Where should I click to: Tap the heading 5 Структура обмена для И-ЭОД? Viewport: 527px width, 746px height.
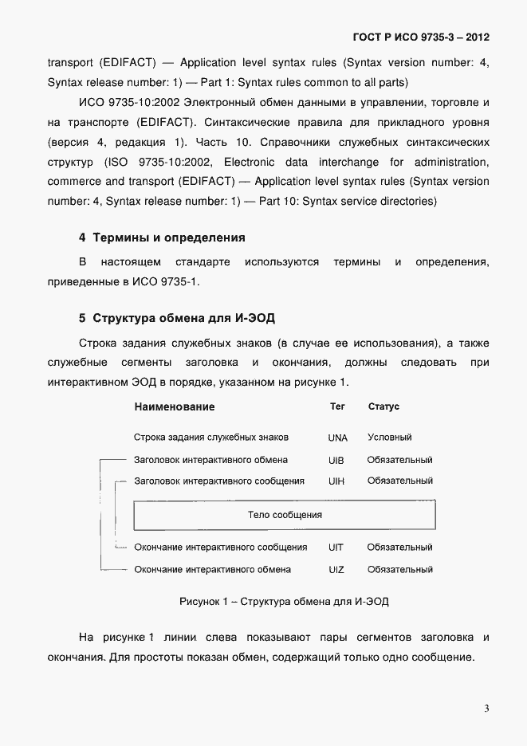(176, 318)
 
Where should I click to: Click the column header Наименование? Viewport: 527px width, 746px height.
(175, 406)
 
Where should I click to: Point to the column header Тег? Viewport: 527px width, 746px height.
(337, 406)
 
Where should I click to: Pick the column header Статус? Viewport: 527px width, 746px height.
(383, 406)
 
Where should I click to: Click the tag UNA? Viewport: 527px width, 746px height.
(338, 438)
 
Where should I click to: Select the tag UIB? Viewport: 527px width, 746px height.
(336, 460)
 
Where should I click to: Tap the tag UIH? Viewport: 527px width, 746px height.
(336, 481)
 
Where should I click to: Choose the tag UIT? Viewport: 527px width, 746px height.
(336, 548)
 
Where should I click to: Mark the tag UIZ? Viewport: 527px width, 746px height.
(336, 570)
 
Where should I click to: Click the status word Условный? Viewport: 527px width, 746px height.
(389, 438)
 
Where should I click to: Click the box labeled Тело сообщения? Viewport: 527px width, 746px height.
(285, 515)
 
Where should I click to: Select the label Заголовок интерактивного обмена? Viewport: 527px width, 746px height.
(211, 460)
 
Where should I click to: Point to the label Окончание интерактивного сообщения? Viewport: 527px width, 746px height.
(221, 548)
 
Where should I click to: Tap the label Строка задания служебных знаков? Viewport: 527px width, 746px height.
(211, 438)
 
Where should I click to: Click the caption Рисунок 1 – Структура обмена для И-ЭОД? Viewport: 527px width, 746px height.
(284, 601)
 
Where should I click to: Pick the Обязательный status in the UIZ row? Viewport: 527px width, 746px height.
(399, 570)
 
